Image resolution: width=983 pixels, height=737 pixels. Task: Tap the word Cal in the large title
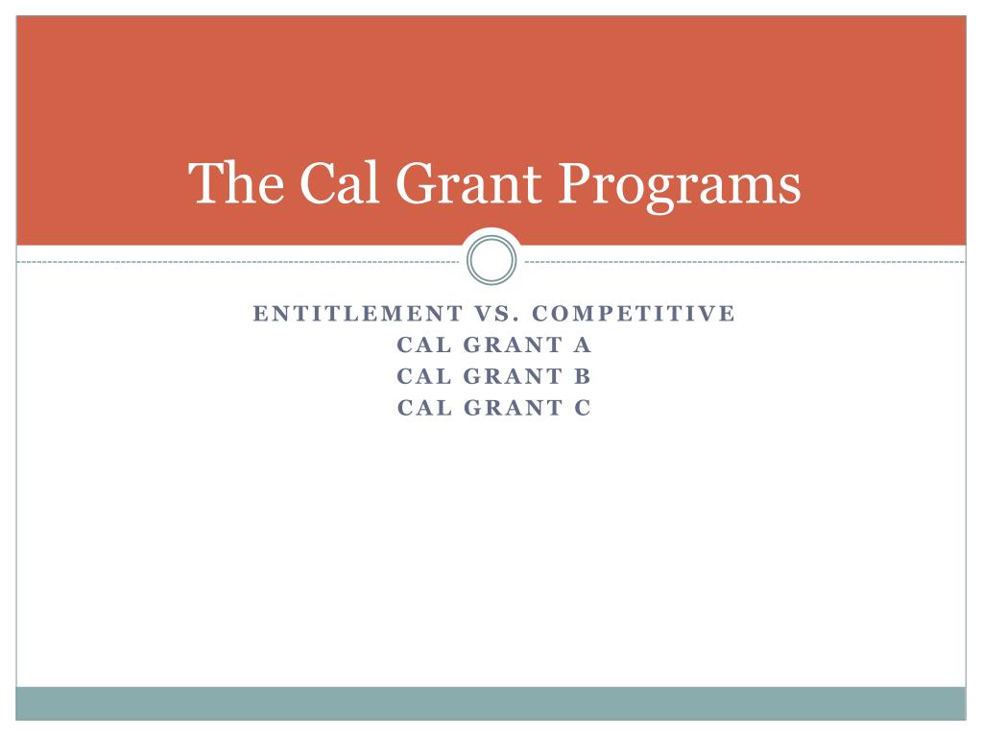tap(324, 183)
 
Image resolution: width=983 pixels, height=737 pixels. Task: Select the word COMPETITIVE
tap(633, 314)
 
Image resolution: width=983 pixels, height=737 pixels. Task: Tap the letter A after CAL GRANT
tap(583, 345)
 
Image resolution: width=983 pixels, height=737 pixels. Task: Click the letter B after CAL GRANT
tap(583, 376)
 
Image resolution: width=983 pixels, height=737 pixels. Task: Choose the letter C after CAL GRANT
tap(583, 408)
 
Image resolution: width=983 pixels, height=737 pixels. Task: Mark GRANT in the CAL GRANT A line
tap(510, 345)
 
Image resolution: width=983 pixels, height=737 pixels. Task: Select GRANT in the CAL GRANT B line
tap(510, 376)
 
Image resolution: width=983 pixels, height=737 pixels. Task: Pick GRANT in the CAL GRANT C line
tap(510, 408)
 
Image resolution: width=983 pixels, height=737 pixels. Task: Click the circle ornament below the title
tap(491, 261)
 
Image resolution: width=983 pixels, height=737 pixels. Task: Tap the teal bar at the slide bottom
tap(491, 702)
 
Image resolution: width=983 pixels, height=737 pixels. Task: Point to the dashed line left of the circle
tap(240, 261)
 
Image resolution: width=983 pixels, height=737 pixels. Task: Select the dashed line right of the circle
tap(744, 261)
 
